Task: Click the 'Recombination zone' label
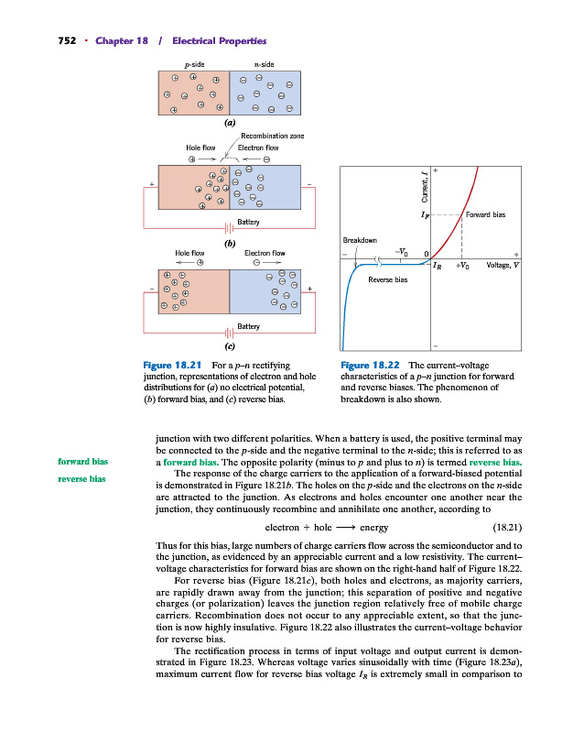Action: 272,136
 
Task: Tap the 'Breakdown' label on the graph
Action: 360,240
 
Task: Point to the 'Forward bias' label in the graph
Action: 485,215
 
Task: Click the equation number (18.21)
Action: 507,528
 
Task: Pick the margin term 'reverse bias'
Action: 83,478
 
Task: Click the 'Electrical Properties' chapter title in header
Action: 221,41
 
